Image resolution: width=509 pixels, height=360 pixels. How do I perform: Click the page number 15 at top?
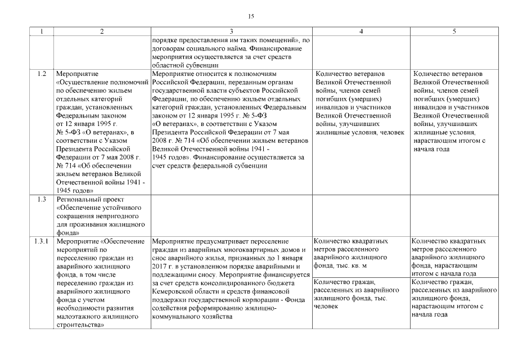pos(251,16)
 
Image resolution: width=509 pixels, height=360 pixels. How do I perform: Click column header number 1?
pos(41,32)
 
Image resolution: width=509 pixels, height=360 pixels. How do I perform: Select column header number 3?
pos(231,32)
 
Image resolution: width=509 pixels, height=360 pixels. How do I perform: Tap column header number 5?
pos(453,32)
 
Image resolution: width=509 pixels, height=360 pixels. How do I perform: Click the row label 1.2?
pos(41,74)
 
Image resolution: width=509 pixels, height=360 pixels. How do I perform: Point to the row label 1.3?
pos(41,200)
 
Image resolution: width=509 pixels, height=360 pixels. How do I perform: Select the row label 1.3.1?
pos(41,241)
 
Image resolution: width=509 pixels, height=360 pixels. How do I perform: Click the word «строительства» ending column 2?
pos(81,325)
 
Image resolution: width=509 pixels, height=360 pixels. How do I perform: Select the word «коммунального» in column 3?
pos(176,317)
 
